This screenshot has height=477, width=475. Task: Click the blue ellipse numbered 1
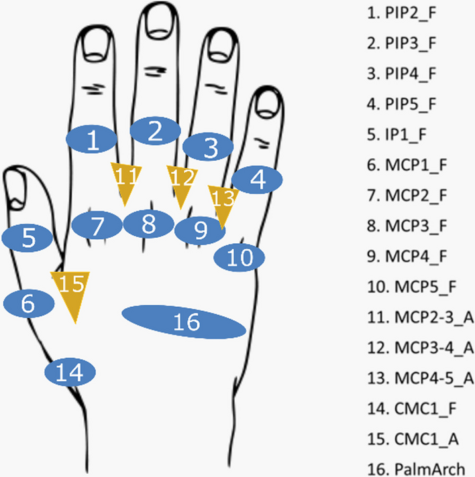pyautogui.click(x=93, y=140)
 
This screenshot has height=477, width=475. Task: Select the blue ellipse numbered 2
pyautogui.click(x=155, y=131)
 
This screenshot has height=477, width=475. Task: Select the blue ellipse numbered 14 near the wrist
pyautogui.click(x=70, y=371)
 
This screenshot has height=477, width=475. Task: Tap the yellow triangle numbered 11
pyautogui.click(x=125, y=180)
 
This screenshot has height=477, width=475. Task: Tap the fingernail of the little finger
pyautogui.click(x=269, y=101)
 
